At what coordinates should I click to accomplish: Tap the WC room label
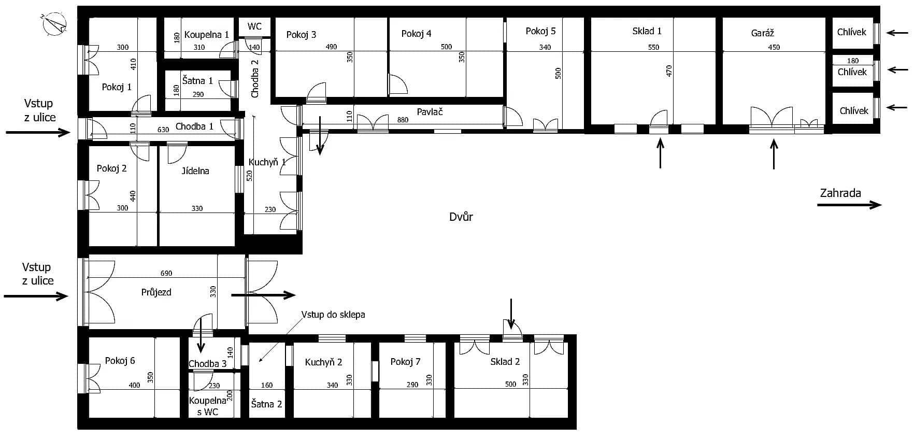click(x=254, y=26)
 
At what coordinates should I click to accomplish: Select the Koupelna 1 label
click(x=206, y=35)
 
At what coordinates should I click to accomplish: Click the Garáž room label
click(x=762, y=33)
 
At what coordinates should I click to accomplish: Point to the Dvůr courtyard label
click(x=461, y=217)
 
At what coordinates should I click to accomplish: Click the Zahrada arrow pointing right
click(x=849, y=205)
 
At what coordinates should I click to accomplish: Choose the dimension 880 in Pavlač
click(x=403, y=120)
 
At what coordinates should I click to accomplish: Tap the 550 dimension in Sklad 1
click(x=653, y=47)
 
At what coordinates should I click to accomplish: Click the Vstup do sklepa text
click(x=333, y=315)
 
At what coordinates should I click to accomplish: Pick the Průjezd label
click(x=156, y=292)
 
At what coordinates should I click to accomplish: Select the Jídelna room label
click(x=195, y=171)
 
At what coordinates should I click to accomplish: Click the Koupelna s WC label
click(x=207, y=406)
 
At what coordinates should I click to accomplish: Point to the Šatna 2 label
click(x=266, y=404)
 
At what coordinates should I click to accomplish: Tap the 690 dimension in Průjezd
click(x=166, y=273)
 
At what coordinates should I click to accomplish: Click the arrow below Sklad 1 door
click(x=660, y=154)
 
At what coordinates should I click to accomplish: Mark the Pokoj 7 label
click(x=405, y=361)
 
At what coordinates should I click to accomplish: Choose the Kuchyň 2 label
click(x=323, y=362)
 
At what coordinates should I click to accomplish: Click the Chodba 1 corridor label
click(x=194, y=126)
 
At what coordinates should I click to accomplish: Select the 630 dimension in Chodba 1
click(x=163, y=130)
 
